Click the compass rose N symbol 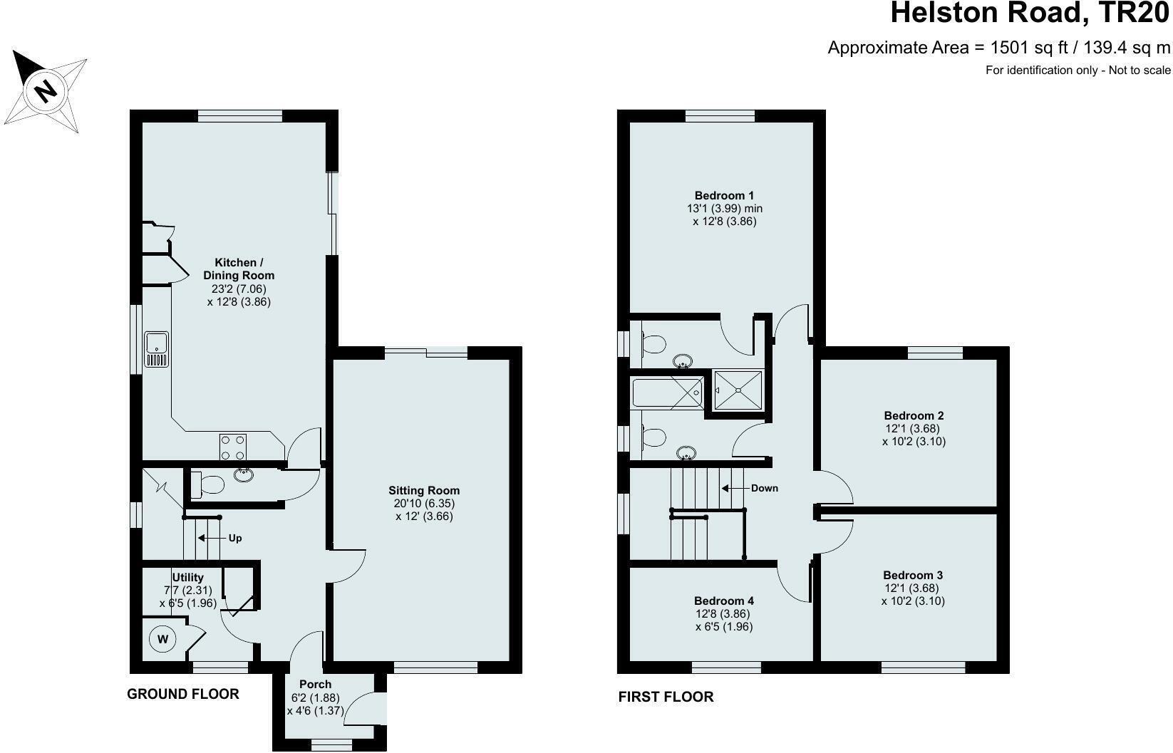tap(46, 90)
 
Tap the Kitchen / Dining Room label tap(239, 269)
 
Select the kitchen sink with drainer tap(156, 349)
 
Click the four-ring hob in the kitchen tap(233, 447)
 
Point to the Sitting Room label tap(424, 490)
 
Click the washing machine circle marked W tap(162, 639)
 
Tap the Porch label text tap(316, 685)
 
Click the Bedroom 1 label tap(724, 195)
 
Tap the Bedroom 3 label tap(913, 575)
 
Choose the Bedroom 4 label tap(724, 601)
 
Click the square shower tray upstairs tap(738, 390)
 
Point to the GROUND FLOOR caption tap(182, 694)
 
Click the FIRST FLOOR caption tap(666, 697)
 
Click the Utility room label tap(187, 577)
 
